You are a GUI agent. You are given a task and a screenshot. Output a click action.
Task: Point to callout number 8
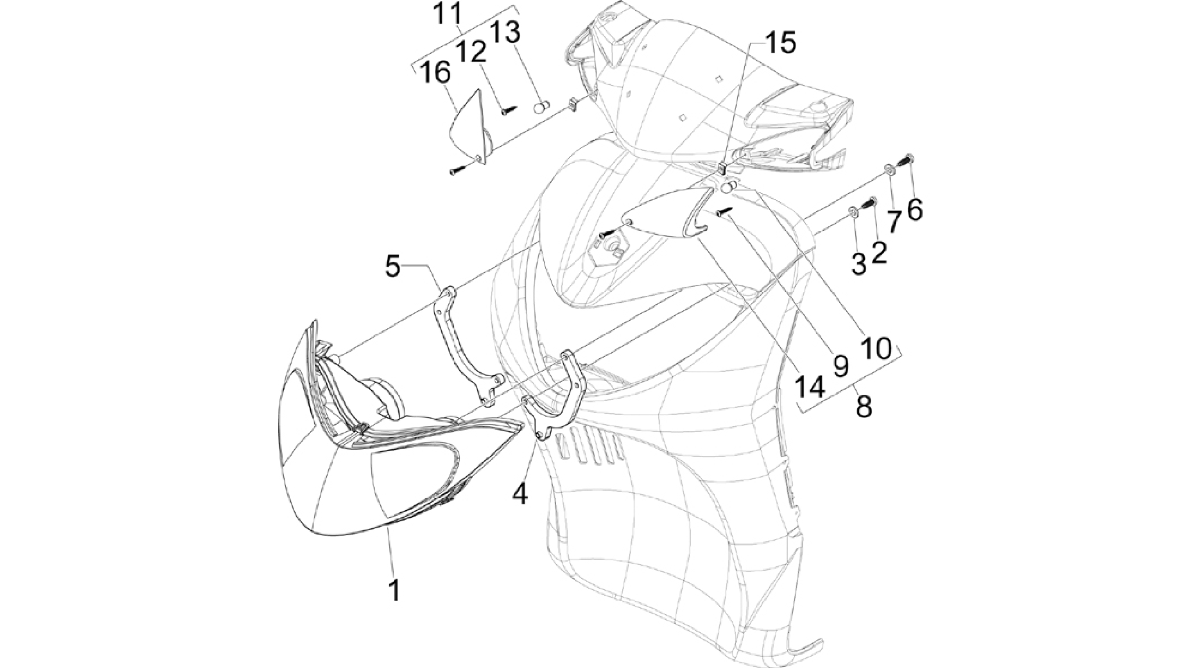[x=864, y=406]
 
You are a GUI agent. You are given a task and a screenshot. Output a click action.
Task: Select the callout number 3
[x=859, y=264]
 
